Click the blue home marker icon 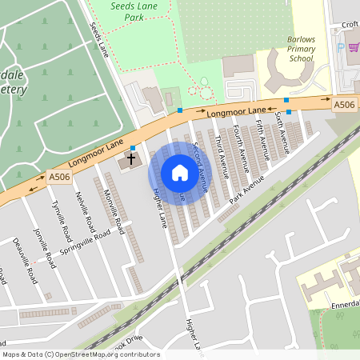[x=180, y=173]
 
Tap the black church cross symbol [x=130, y=160]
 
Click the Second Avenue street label [x=200, y=164]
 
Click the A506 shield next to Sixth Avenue [x=344, y=105]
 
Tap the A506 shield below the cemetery [x=58, y=177]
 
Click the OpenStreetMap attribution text [x=80, y=354]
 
